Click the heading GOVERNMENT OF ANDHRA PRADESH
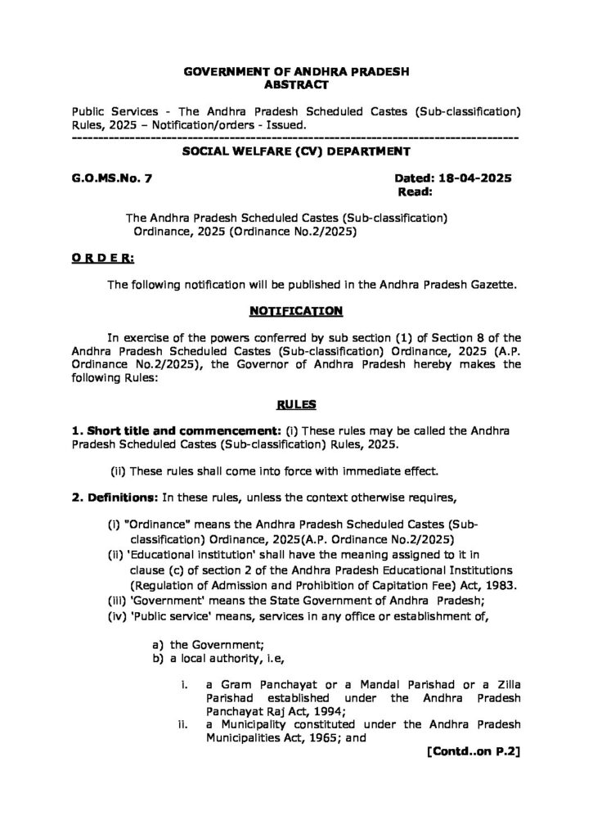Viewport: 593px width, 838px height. [296, 71]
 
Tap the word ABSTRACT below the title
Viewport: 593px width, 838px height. [296, 84]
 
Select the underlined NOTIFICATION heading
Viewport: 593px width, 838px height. [296, 312]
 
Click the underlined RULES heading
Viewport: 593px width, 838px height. [296, 404]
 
